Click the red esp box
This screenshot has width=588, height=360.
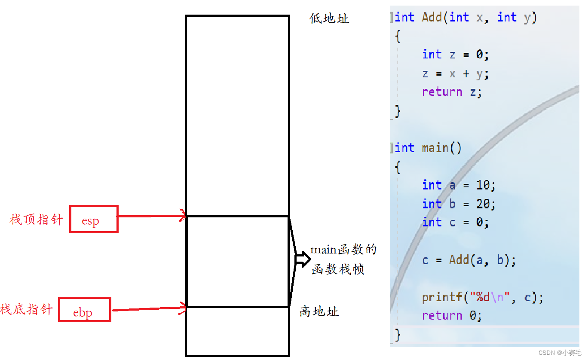pyautogui.click(x=94, y=219)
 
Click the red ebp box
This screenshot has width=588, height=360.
pyautogui.click(x=84, y=309)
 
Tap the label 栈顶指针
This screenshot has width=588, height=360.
pyautogui.click(x=36, y=220)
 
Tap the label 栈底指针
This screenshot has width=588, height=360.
pyautogui.click(x=27, y=309)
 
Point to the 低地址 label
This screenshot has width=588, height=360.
pyautogui.click(x=329, y=18)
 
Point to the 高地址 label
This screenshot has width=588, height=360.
pyautogui.click(x=319, y=311)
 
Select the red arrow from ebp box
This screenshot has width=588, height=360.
pyautogui.click(x=149, y=308)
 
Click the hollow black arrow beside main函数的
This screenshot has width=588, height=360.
pyautogui.click(x=303, y=259)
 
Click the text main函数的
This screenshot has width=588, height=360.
pyautogui.click(x=343, y=250)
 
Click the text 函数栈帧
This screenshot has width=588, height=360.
pyautogui.click(x=338, y=269)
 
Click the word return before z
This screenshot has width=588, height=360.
pyautogui.click(x=442, y=92)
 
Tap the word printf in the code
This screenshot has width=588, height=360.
pyautogui.click(x=442, y=297)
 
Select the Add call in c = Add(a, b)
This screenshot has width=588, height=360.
pyautogui.click(x=459, y=260)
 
